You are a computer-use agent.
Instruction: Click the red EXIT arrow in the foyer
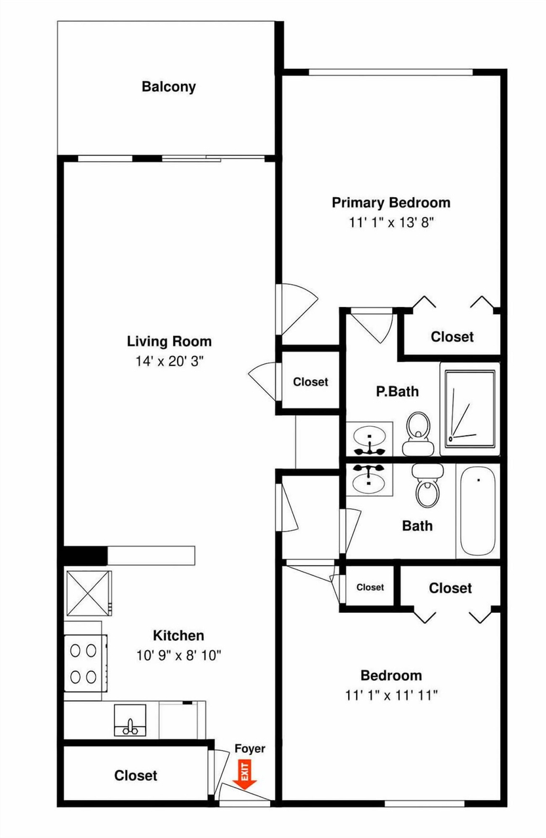click(x=244, y=775)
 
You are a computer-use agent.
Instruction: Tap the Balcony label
click(x=168, y=87)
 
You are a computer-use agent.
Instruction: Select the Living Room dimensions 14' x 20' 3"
click(x=169, y=361)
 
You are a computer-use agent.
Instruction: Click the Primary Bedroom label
click(x=391, y=203)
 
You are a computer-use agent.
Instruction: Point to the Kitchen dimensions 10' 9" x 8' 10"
click(x=179, y=655)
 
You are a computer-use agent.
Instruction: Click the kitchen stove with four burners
click(x=86, y=663)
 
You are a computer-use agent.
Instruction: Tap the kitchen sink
click(x=130, y=720)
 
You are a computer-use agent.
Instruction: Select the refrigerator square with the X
click(x=88, y=593)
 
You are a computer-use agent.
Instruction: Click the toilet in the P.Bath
click(x=418, y=434)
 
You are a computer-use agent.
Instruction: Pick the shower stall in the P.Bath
click(x=470, y=409)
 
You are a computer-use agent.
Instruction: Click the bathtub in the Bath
click(x=477, y=511)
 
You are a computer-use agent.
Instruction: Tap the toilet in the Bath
click(x=427, y=486)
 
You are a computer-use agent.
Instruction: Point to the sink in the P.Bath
click(x=369, y=439)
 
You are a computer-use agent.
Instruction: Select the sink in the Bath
click(x=369, y=480)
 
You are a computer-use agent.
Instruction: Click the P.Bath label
click(x=397, y=392)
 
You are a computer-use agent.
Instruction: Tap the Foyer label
click(x=250, y=748)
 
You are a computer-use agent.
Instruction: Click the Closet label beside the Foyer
click(x=136, y=776)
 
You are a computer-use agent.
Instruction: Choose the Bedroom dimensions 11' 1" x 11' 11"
click(x=391, y=695)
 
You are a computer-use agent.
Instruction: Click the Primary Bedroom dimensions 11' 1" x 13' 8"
click(x=391, y=223)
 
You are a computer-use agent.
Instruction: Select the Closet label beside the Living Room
click(x=311, y=382)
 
